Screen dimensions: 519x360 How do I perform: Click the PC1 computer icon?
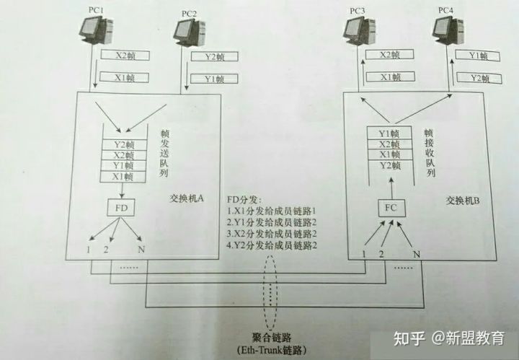(x=96, y=30)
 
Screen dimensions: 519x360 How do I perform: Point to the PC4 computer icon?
(x=448, y=30)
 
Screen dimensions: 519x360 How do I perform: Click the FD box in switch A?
(x=121, y=208)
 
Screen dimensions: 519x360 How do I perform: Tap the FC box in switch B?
(x=391, y=208)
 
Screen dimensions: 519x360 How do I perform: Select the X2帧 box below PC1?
(x=125, y=56)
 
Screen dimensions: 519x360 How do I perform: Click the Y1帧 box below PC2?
(x=214, y=79)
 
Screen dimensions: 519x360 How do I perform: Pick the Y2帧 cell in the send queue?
(x=124, y=145)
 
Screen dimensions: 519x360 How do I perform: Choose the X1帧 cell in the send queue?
(x=123, y=177)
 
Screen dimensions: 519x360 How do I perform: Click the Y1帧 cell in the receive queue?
(x=389, y=133)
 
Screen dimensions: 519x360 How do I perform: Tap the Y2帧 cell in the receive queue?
(x=390, y=165)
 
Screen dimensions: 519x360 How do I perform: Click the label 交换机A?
(x=187, y=198)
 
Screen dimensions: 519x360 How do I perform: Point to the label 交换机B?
(x=462, y=201)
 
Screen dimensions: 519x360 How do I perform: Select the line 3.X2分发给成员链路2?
(x=272, y=234)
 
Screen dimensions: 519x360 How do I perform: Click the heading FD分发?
(x=244, y=200)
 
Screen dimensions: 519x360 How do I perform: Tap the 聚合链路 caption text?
(x=272, y=338)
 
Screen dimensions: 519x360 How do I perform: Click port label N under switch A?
(x=141, y=249)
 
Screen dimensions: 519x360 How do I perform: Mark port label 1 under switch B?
(x=364, y=254)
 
